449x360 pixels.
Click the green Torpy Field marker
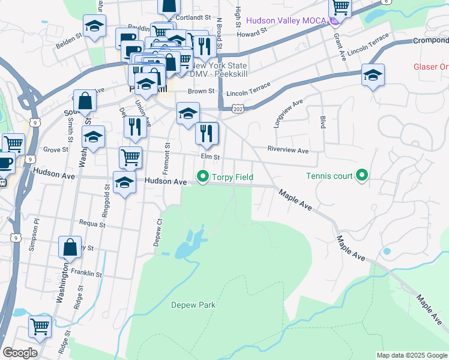tap(203, 177)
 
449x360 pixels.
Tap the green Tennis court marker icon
tap(362, 176)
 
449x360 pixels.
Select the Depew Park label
tap(193, 305)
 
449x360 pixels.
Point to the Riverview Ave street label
tap(288, 150)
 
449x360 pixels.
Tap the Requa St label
tap(94, 226)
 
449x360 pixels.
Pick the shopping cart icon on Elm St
tap(130, 157)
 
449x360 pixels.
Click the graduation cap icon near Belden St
tap(94, 26)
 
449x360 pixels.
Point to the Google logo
tap(20, 353)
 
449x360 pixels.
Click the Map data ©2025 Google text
tap(412, 355)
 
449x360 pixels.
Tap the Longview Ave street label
tap(286, 114)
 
